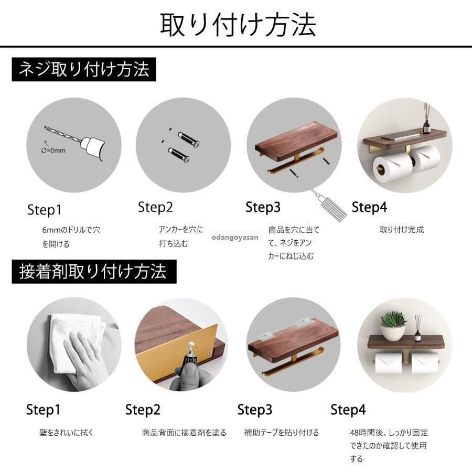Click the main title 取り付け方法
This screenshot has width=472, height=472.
(238, 25)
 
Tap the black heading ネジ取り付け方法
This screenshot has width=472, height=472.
(84, 69)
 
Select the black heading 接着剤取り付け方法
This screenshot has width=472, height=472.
(94, 272)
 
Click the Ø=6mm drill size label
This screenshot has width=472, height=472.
(53, 150)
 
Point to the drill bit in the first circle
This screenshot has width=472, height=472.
(63, 135)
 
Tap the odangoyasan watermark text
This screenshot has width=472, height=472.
(235, 237)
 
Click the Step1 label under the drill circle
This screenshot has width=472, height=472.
(44, 210)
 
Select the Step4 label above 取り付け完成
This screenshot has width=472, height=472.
(369, 207)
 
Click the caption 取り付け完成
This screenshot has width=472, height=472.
(402, 230)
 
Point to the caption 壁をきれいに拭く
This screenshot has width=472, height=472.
(67, 433)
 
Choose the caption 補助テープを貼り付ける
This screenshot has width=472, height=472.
(282, 433)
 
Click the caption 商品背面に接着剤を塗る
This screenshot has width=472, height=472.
(184, 433)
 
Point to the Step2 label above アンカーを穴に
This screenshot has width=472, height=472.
(155, 207)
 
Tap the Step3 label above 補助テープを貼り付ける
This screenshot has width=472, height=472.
(255, 410)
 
